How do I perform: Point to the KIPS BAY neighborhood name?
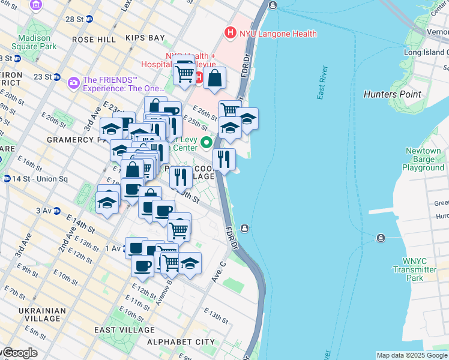[145, 38]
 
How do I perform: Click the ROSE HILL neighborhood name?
[93, 39]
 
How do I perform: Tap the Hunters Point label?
[393, 94]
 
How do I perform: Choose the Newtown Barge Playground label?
[424, 159]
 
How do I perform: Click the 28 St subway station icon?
[89, 19]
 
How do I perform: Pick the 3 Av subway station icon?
[57, 211]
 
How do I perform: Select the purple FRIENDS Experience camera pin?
[74, 82]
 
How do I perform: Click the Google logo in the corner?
[20, 353]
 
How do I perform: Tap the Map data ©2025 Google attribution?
[412, 355]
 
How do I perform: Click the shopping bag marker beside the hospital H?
[214, 78]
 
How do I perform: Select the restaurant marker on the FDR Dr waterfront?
[224, 160]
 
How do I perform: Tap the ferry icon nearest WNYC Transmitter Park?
[380, 238]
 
